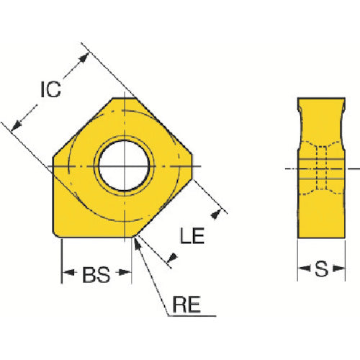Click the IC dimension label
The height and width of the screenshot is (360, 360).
pos(50,89)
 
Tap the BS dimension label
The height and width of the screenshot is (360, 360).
pos(96,274)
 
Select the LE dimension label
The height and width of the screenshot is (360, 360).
pos(192,235)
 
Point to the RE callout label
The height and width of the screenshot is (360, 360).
pos(186,305)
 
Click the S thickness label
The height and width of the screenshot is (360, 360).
pos(322,269)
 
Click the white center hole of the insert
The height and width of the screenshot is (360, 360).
pos(124,166)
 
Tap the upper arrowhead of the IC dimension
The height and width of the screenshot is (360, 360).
pos(84,58)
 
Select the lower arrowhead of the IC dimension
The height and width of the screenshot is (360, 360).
pos(17,125)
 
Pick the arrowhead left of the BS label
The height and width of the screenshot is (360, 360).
pos(68,272)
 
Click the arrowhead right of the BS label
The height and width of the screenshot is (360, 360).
pos(125,272)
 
